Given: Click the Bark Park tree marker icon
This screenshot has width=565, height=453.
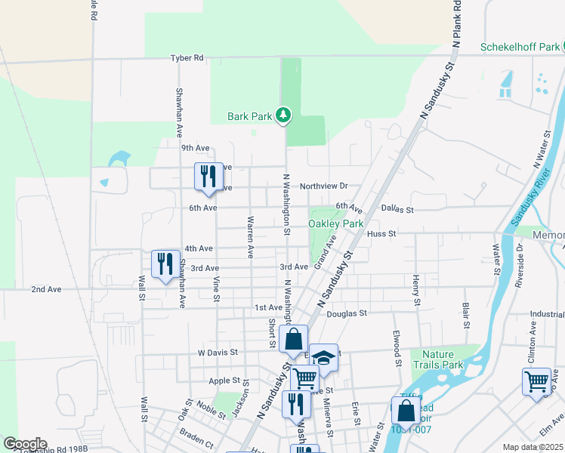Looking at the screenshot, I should pyautogui.click(x=283, y=115).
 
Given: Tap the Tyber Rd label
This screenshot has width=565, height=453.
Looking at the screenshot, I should pyautogui.click(x=187, y=57).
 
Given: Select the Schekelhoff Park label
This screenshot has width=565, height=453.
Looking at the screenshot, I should pyautogui.click(x=520, y=47).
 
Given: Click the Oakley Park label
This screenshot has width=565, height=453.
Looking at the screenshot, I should pyautogui.click(x=335, y=223).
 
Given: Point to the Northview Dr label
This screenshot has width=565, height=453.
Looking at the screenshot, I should pyautogui.click(x=323, y=186).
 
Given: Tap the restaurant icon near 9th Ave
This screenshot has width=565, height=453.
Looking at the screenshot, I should pyautogui.click(x=208, y=177).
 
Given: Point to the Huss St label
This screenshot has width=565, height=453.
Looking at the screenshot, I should pyautogui.click(x=381, y=234).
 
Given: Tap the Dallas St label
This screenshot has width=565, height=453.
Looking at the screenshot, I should pyautogui.click(x=398, y=209).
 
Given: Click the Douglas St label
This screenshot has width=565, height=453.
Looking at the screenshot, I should pyautogui.click(x=347, y=313).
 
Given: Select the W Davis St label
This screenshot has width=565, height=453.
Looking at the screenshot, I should pyautogui.click(x=218, y=352).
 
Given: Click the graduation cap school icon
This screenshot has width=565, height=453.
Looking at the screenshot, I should pyautogui.click(x=323, y=358).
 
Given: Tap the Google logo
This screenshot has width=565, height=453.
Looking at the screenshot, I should pyautogui.click(x=25, y=444).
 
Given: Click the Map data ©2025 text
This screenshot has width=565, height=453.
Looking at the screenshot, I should pyautogui.click(x=533, y=447).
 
